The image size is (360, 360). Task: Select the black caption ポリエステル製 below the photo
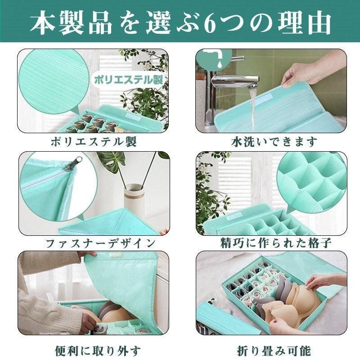click(x=93, y=142)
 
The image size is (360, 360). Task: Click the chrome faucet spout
click(x=234, y=81)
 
